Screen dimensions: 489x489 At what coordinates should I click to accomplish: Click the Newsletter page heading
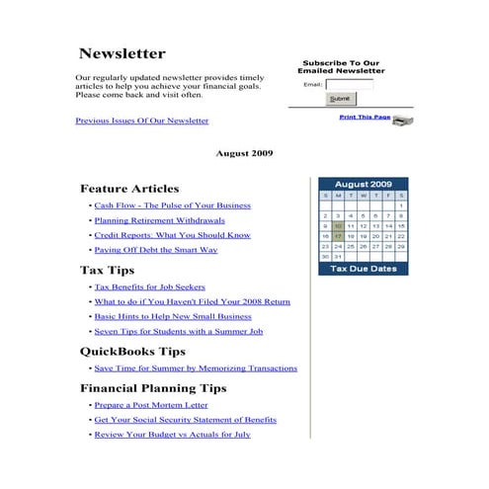[x=122, y=53]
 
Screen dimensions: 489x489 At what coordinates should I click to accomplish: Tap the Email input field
[x=349, y=84]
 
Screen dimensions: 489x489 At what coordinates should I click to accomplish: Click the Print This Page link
[x=365, y=118]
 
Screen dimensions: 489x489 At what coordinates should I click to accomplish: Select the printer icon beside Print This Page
[x=402, y=120]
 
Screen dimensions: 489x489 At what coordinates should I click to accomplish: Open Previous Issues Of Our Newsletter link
[x=142, y=121]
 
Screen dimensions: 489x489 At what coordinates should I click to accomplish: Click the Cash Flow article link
[x=172, y=205]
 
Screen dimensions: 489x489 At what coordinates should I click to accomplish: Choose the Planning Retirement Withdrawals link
[x=159, y=220]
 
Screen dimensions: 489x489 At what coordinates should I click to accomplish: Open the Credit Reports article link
[x=172, y=235]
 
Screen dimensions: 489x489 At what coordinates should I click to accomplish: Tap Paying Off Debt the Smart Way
[x=155, y=250]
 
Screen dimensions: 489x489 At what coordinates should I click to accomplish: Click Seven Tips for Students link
[x=178, y=331]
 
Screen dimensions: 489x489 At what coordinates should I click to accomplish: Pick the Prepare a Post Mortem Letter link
[x=151, y=405]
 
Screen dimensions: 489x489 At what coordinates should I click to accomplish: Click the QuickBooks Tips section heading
[x=132, y=351]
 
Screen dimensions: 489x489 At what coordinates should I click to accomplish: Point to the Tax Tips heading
[x=107, y=270]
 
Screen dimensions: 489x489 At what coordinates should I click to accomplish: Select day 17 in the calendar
[x=338, y=236]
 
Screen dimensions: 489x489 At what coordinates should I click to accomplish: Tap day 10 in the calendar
[x=338, y=225]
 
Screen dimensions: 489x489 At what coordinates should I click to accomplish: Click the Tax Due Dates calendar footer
[x=363, y=269]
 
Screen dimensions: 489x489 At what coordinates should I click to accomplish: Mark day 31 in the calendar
[x=338, y=256]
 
